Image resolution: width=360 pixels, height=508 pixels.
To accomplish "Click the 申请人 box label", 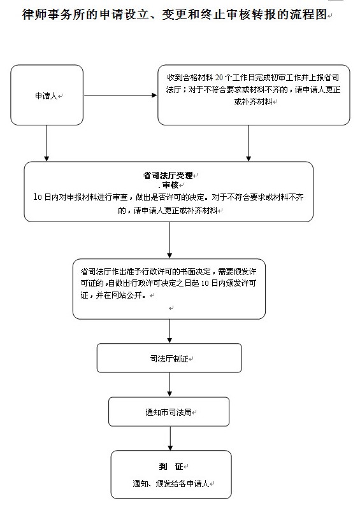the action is pyautogui.click(x=47, y=96).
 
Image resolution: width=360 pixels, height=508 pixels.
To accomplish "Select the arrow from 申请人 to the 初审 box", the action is pyautogui.click(x=120, y=95).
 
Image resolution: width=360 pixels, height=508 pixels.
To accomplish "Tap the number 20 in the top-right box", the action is pyautogui.click(x=219, y=78).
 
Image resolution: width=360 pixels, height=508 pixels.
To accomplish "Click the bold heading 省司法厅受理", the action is pyautogui.click(x=168, y=176).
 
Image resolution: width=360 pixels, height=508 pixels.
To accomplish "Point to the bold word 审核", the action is pyautogui.click(x=171, y=185).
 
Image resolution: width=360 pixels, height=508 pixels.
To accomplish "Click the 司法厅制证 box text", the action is pyautogui.click(x=169, y=358).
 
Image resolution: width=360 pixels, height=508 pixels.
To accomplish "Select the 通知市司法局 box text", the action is pyautogui.click(x=168, y=412).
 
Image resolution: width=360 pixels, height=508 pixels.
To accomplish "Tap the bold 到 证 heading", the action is pyautogui.click(x=171, y=466).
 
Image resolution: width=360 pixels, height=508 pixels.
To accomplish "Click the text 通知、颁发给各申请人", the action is pyautogui.click(x=171, y=484).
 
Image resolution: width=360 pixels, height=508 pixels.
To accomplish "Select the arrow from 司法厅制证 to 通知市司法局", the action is pyautogui.click(x=169, y=385).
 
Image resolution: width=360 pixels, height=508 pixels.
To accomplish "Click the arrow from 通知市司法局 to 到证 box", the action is pyautogui.click(x=170, y=439).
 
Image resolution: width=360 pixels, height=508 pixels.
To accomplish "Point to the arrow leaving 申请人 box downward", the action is pyautogui.click(x=47, y=143).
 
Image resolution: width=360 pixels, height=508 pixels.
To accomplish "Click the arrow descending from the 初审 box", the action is pyautogui.click(x=248, y=143).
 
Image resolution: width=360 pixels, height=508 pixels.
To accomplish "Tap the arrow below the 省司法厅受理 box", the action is pyautogui.click(x=169, y=240).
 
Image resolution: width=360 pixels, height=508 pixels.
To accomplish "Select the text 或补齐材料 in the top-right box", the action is pyautogui.click(x=254, y=102).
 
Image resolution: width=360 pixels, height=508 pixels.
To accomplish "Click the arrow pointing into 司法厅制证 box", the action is pyautogui.click(x=169, y=331).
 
